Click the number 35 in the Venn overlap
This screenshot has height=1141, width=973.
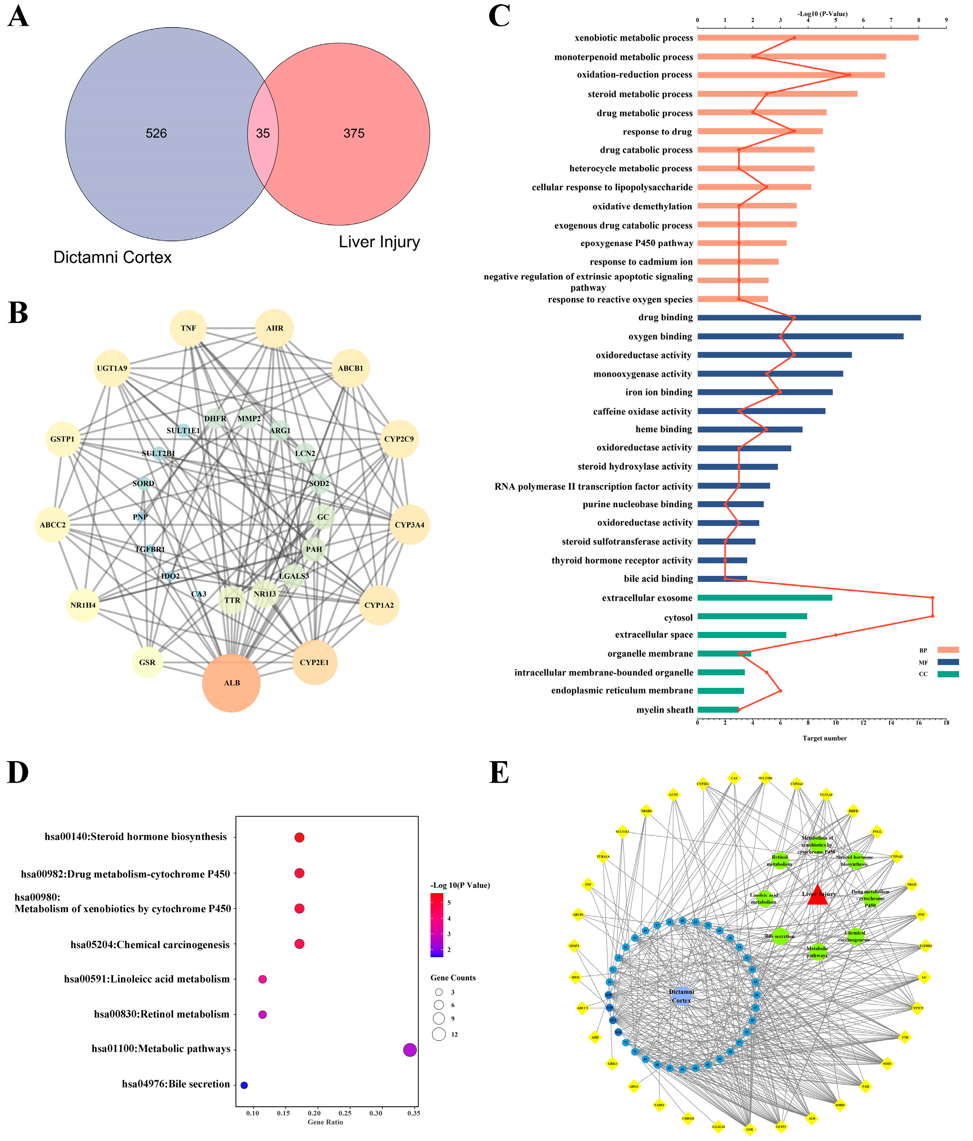point(263,133)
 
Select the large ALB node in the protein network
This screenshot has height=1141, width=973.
point(232,683)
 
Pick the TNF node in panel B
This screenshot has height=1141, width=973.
point(188,328)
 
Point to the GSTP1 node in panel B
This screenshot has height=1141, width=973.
point(62,439)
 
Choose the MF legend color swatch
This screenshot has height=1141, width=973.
point(948,662)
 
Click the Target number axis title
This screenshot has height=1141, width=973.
point(824,738)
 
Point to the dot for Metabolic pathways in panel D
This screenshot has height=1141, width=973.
point(409,1050)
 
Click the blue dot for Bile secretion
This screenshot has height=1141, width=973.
point(244,1085)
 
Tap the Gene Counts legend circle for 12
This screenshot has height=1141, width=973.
point(438,1034)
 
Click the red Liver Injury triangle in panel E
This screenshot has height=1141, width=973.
point(818,895)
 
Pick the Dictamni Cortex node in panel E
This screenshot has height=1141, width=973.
point(681,996)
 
